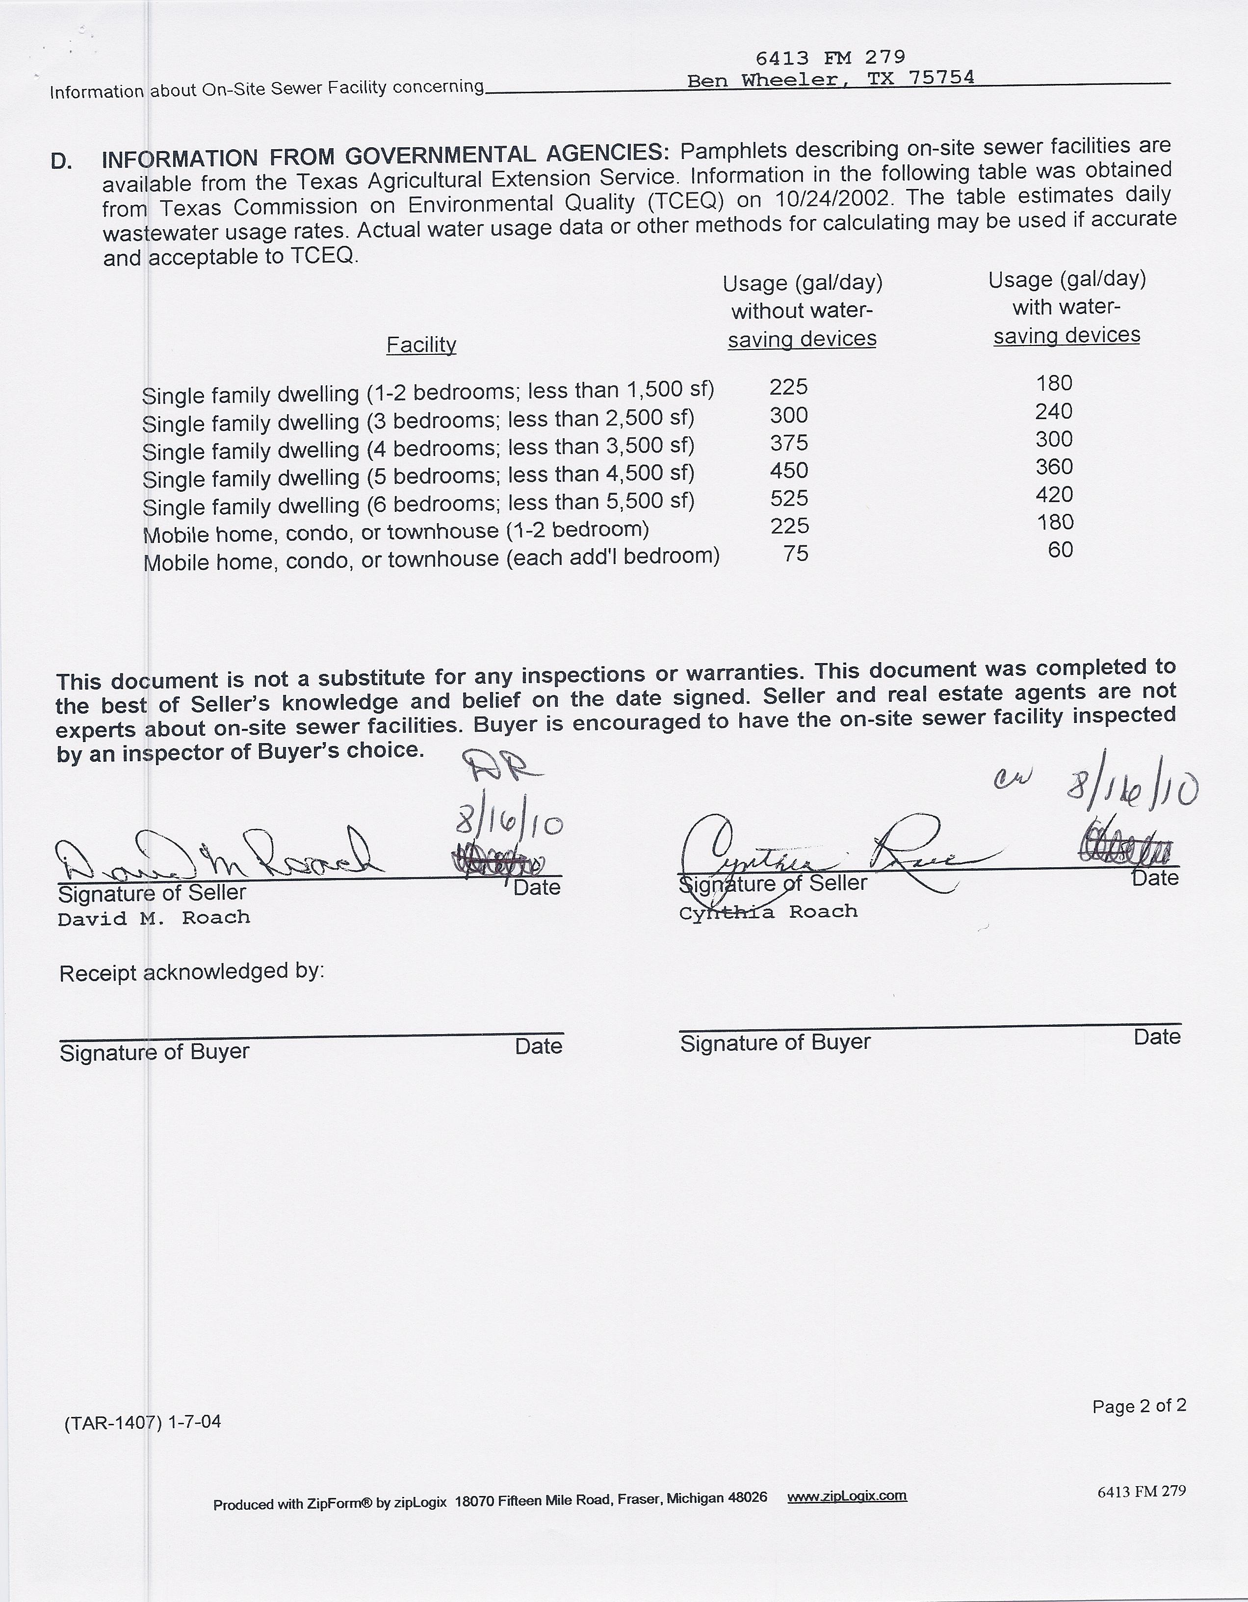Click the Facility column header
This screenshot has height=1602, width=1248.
[x=421, y=345]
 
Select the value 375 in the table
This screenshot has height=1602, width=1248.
[x=788, y=443]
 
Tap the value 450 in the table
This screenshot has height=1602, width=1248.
[x=788, y=471]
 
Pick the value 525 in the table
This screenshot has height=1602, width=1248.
[x=788, y=499]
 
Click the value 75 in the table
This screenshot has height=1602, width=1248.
[x=796, y=554]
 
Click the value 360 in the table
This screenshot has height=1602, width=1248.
[x=1054, y=467]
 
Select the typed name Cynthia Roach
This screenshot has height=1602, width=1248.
[x=768, y=912]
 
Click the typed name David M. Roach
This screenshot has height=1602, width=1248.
[x=154, y=918]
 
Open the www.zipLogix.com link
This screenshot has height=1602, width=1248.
[x=847, y=1496]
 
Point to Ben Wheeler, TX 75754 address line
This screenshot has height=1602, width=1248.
[x=830, y=79]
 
